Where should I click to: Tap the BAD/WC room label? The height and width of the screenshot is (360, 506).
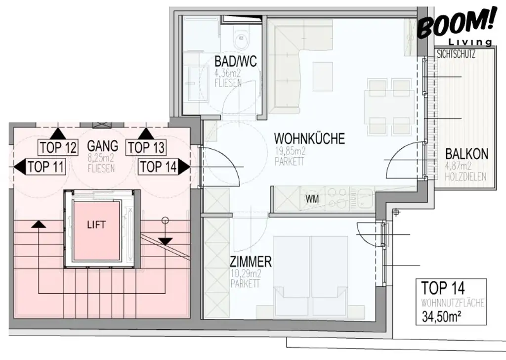[x=235, y=62]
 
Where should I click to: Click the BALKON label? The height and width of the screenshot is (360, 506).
[x=466, y=154]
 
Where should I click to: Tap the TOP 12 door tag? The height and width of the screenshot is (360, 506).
[x=58, y=147]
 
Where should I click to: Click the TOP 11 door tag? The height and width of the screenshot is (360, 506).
[x=46, y=167]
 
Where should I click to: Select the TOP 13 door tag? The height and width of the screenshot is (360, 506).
[x=146, y=147]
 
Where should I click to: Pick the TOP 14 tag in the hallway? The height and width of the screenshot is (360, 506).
[x=158, y=167]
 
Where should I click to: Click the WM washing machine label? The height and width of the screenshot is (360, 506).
[x=312, y=199]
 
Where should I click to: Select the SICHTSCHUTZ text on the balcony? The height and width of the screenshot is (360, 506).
[x=456, y=55]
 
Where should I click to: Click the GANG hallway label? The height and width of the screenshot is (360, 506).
[x=102, y=146]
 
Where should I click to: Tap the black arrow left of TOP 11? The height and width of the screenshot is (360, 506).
[x=19, y=167]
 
